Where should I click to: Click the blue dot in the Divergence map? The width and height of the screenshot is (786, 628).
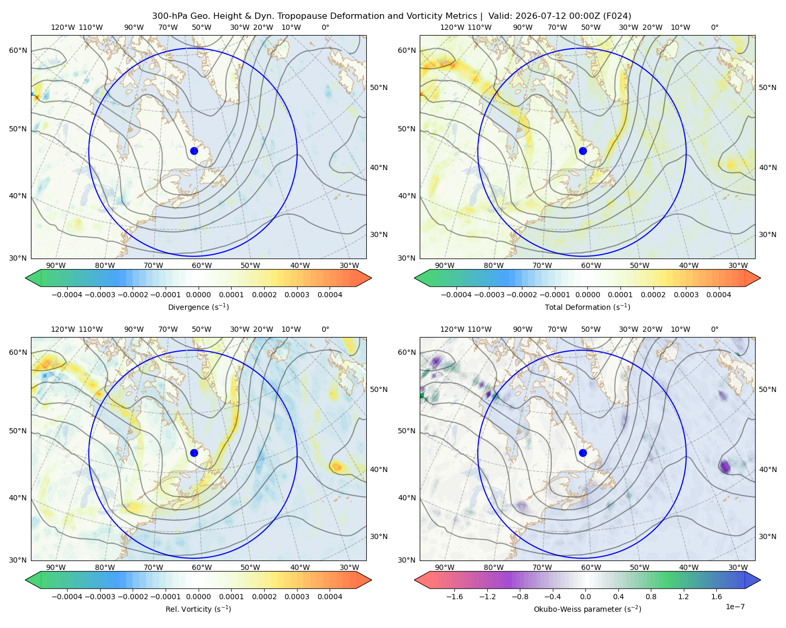pyautogui.click(x=194, y=151)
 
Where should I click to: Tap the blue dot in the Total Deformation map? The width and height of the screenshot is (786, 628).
pyautogui.click(x=583, y=151)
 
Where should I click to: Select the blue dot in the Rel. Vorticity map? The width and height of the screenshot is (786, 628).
pyautogui.click(x=194, y=453)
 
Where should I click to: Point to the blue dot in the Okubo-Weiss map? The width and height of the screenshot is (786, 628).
pyautogui.click(x=583, y=453)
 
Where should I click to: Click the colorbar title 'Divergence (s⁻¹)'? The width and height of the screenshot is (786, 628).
pyautogui.click(x=198, y=307)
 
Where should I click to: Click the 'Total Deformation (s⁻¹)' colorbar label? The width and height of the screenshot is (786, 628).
pyautogui.click(x=587, y=307)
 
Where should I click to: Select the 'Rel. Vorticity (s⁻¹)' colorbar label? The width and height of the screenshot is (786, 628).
pyautogui.click(x=198, y=609)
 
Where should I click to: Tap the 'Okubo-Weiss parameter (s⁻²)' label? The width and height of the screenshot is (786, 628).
pyautogui.click(x=587, y=609)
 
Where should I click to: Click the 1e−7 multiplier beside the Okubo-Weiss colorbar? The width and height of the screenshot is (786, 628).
pyautogui.click(x=735, y=607)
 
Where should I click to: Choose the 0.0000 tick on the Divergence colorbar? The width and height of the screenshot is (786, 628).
pyautogui.click(x=198, y=295)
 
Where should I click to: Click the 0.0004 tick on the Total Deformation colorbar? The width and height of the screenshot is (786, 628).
pyautogui.click(x=718, y=295)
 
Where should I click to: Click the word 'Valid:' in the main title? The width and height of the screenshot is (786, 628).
pyautogui.click(x=500, y=16)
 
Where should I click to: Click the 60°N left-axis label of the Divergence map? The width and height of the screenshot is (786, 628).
pyautogui.click(x=18, y=50)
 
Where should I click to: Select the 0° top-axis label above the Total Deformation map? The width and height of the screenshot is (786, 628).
pyautogui.click(x=714, y=27)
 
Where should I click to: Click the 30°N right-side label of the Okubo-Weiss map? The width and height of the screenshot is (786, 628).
pyautogui.click(x=767, y=536)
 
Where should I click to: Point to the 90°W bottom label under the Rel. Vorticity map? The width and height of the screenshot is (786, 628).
pyautogui.click(x=56, y=567)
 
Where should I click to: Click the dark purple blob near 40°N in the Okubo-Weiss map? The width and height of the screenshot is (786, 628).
pyautogui.click(x=725, y=466)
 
